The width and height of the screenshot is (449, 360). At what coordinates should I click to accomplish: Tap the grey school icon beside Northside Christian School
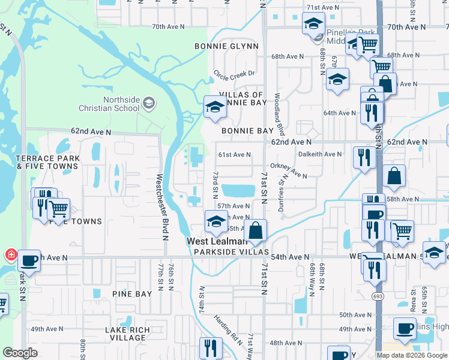[148, 104]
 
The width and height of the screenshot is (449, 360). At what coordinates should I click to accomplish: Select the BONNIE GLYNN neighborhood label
[226, 46]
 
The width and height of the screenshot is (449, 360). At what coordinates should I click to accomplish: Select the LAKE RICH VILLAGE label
[125, 334]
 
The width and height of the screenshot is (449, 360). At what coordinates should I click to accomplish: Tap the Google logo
[20, 353]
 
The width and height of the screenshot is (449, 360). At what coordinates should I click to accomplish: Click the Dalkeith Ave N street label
[320, 154]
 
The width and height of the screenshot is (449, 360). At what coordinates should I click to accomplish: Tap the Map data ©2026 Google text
[411, 355]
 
